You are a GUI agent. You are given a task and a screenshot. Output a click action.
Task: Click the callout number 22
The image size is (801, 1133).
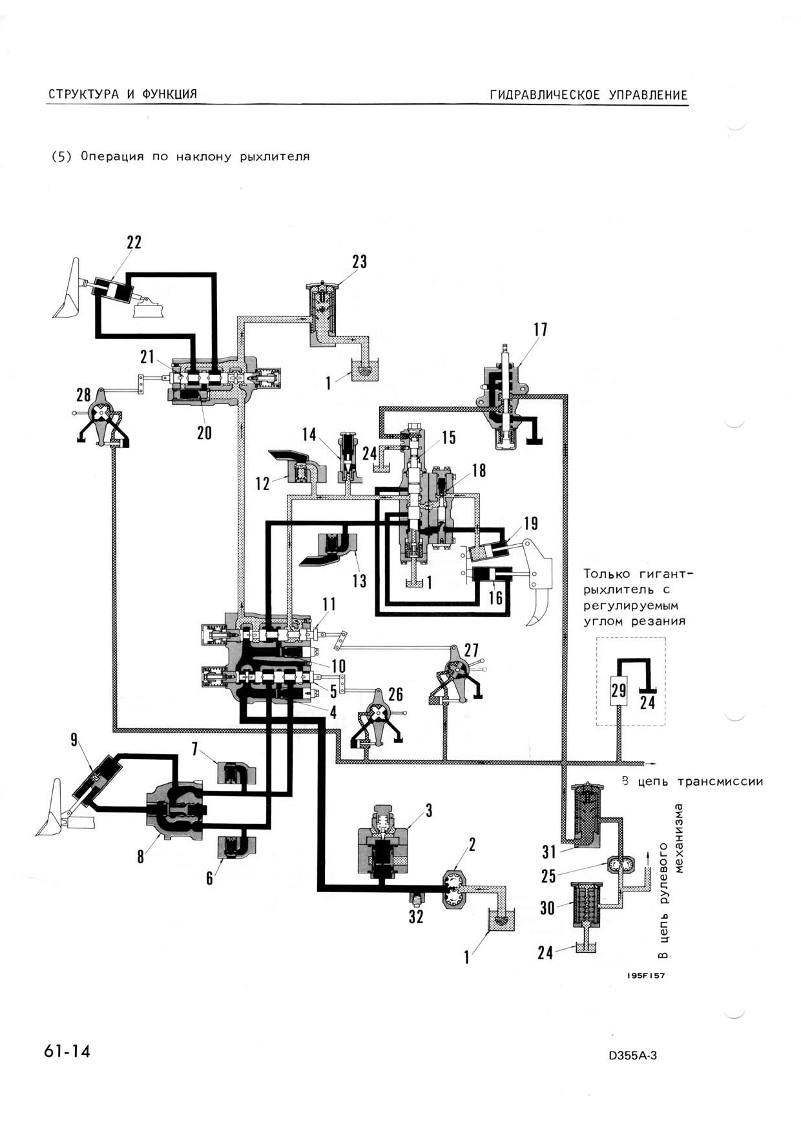point(134,243)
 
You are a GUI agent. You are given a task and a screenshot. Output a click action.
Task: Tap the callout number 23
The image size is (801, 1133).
point(359,261)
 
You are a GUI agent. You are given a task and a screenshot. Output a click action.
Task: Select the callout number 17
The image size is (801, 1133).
point(540,330)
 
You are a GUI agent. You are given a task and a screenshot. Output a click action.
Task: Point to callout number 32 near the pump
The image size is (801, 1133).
point(416,916)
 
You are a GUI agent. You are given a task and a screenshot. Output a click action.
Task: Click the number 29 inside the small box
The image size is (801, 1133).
point(619,691)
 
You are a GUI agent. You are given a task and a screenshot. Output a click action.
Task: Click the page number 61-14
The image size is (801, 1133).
point(67,1051)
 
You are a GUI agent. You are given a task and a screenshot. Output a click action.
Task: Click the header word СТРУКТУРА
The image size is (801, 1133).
point(84,94)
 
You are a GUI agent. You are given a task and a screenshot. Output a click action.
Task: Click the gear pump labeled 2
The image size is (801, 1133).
point(455,890)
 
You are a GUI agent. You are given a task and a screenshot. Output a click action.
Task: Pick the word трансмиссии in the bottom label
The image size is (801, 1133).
point(720,782)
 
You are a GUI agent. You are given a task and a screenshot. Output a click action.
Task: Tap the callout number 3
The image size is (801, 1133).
point(428,811)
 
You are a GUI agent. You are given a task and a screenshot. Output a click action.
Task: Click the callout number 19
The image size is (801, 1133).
point(530,524)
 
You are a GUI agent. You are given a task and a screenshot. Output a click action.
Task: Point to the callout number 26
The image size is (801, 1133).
point(395,695)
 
